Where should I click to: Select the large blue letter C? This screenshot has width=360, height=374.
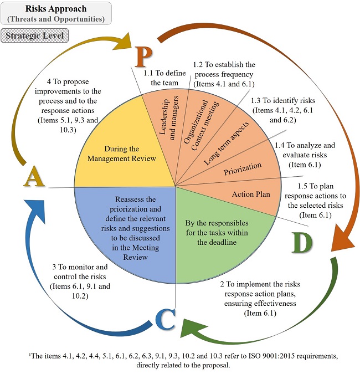165,321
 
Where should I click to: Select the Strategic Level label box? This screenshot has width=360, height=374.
34,36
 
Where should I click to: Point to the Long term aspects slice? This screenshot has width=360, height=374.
226,142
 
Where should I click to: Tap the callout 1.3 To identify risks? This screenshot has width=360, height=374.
277,110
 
